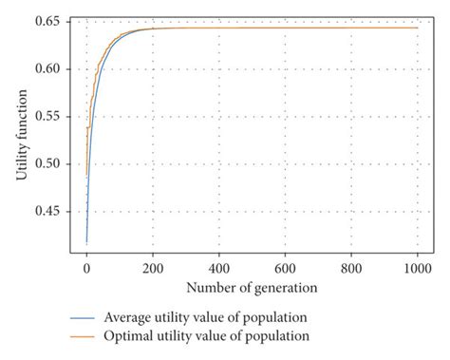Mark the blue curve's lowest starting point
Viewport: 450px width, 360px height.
(x=86, y=243)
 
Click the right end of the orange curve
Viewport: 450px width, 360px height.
(x=417, y=28)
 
